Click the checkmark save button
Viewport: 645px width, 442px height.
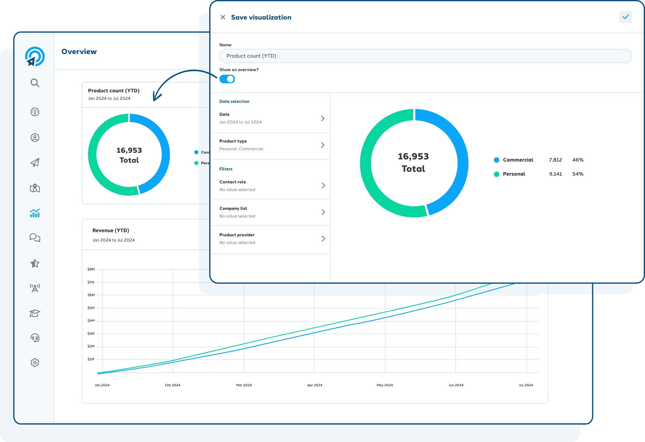pos(625,17)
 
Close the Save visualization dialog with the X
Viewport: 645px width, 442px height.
pos(223,17)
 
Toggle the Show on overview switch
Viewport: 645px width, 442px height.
pos(227,79)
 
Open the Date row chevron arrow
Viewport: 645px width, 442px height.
pos(322,119)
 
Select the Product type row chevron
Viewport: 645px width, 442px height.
pos(322,145)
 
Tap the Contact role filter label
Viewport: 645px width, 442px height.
pos(233,182)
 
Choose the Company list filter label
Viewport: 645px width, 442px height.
pos(233,208)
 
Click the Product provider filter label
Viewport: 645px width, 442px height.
pos(237,235)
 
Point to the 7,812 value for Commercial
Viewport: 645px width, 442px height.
pos(555,160)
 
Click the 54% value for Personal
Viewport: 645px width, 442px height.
pos(577,174)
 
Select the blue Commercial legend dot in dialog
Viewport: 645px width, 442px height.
pos(496,160)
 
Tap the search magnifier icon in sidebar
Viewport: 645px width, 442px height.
pos(35,83)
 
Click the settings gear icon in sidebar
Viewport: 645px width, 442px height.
pos(35,363)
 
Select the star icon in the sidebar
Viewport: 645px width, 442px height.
pos(35,263)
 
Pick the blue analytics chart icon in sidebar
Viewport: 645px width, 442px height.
pos(35,213)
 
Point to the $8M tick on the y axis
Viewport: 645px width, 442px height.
pos(91,269)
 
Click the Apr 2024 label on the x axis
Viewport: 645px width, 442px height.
pos(315,385)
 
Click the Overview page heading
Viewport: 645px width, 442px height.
pos(79,52)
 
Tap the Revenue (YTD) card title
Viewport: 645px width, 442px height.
pos(111,231)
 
